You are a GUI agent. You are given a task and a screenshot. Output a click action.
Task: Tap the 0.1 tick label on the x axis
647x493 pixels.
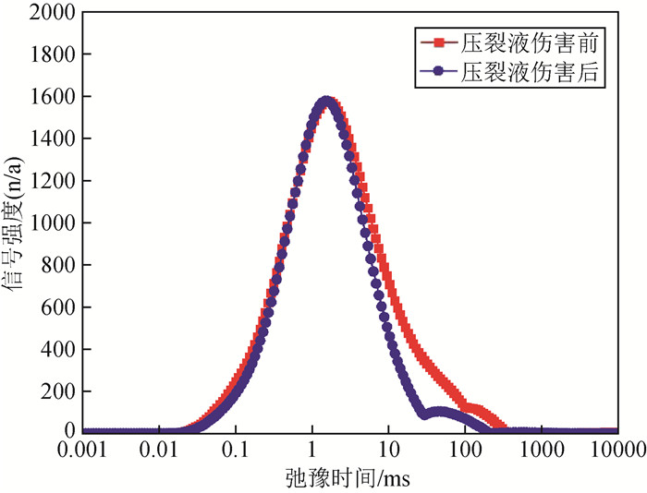click(x=235, y=451)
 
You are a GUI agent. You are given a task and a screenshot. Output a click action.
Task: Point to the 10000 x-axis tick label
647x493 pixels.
click(x=616, y=451)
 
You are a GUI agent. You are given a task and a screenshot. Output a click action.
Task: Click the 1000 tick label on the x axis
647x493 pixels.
click(x=540, y=451)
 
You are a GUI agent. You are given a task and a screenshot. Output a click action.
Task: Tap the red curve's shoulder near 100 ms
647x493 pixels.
click(x=471, y=407)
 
